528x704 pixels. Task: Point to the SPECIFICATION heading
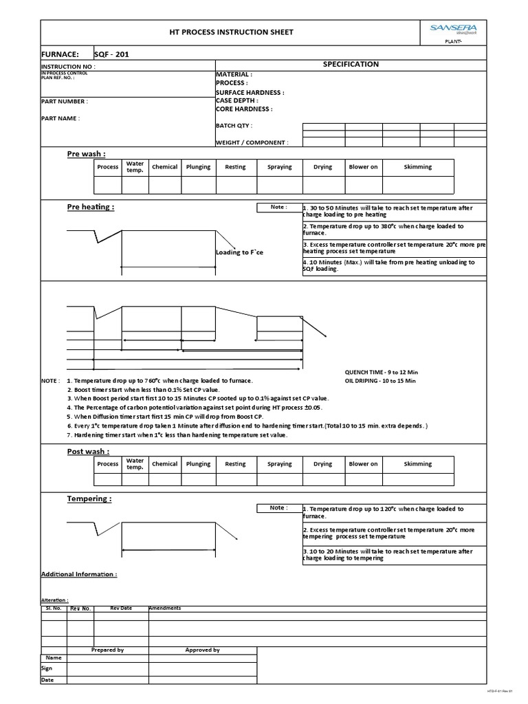click(351, 64)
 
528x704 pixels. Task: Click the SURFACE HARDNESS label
click(250, 92)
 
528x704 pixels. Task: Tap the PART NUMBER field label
click(65, 101)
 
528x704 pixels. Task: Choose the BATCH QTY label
click(234, 126)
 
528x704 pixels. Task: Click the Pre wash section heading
click(87, 154)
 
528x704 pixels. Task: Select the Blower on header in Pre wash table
click(363, 167)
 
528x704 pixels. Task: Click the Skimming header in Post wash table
click(418, 464)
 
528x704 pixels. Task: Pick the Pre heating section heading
click(91, 206)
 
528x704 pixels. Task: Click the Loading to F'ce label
click(239, 252)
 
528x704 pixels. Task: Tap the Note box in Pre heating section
click(278, 207)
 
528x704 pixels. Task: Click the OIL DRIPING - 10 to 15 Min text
click(380, 381)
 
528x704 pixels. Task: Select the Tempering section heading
click(88, 498)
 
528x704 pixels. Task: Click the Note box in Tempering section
click(278, 507)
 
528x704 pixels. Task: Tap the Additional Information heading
click(79, 574)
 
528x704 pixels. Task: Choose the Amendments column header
click(165, 608)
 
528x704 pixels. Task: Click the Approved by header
click(202, 650)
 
